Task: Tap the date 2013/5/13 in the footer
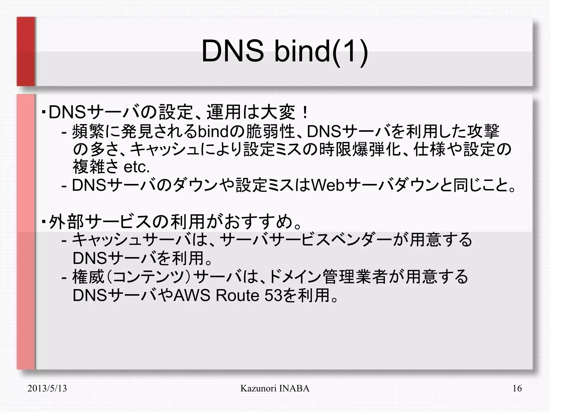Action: (x=47, y=388)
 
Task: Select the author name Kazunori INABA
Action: (x=275, y=388)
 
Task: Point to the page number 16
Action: (x=517, y=388)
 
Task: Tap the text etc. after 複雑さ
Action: (x=137, y=167)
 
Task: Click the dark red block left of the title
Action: (x=26, y=51)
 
